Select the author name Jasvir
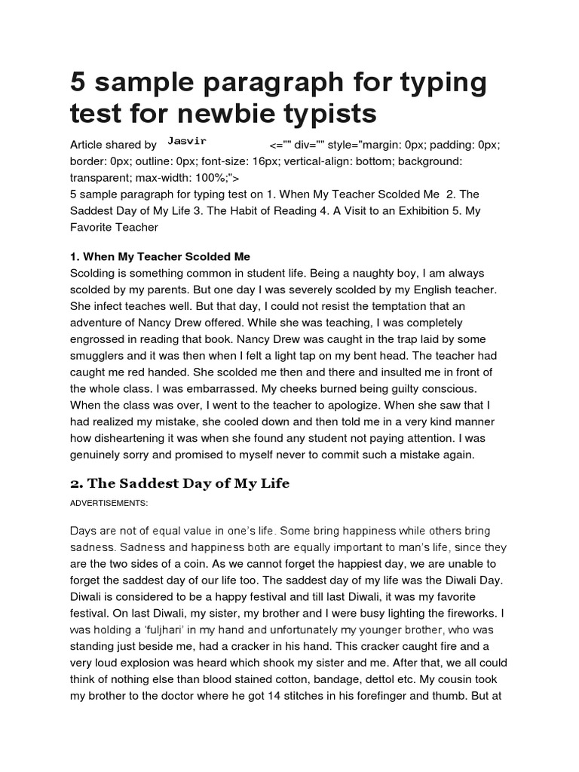tap(187, 141)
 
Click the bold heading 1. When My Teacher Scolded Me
tap(160, 256)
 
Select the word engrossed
tap(99, 339)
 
